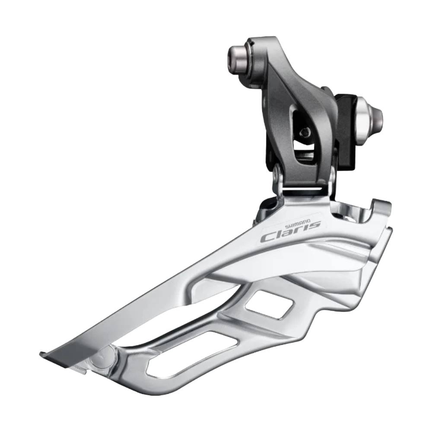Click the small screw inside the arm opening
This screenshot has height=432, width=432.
coord(305,133)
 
